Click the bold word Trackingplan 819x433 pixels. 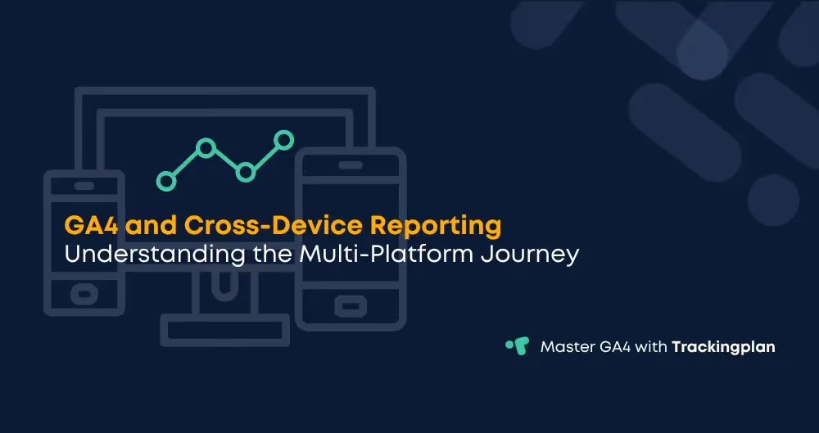723,347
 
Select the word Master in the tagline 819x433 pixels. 567,347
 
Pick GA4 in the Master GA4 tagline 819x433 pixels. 616,347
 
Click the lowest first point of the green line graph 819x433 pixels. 166,180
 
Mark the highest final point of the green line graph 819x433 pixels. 283,140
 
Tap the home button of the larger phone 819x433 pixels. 351,305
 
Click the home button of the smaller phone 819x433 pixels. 84,291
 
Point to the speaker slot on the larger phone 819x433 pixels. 351,168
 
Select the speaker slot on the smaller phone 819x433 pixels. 84,185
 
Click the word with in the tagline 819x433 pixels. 653,347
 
